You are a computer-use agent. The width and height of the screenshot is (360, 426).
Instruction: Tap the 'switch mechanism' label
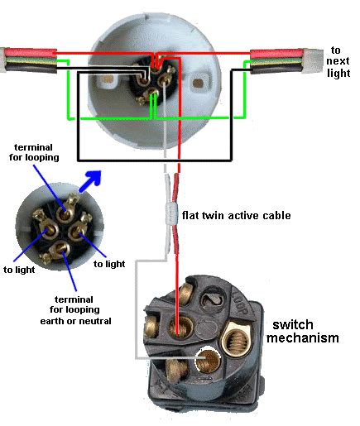[x=309, y=332]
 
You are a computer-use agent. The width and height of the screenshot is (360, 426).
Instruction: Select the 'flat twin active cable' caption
[x=236, y=216]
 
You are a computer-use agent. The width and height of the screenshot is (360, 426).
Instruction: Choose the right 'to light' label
[x=109, y=264]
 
